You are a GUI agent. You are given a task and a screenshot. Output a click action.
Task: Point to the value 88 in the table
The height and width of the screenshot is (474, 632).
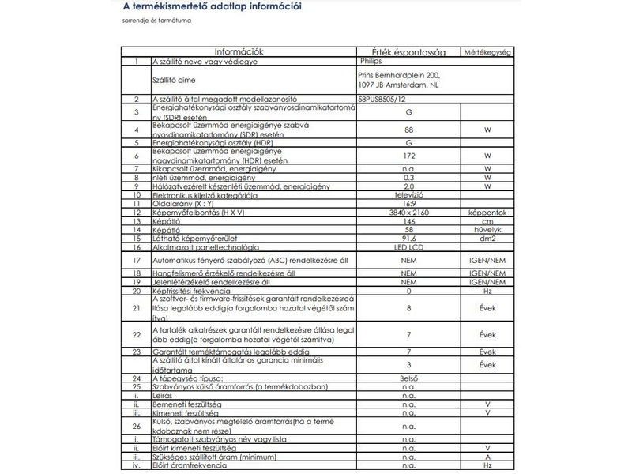(408, 130)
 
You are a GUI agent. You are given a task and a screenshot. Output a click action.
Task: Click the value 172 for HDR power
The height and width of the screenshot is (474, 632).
(408, 157)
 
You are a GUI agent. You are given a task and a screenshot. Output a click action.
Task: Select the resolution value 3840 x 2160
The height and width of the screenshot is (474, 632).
(408, 213)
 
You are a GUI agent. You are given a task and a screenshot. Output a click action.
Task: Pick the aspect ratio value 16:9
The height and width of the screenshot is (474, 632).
(408, 204)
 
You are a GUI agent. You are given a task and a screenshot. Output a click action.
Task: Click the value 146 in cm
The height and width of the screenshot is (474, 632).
(408, 222)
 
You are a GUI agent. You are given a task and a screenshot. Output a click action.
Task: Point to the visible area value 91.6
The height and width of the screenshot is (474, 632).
(408, 239)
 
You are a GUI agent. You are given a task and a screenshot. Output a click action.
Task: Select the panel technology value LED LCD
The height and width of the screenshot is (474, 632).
(408, 246)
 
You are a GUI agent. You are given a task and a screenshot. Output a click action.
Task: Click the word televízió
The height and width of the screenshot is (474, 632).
(408, 194)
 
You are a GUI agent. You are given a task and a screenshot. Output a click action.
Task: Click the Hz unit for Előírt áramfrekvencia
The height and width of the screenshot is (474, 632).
(487, 465)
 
